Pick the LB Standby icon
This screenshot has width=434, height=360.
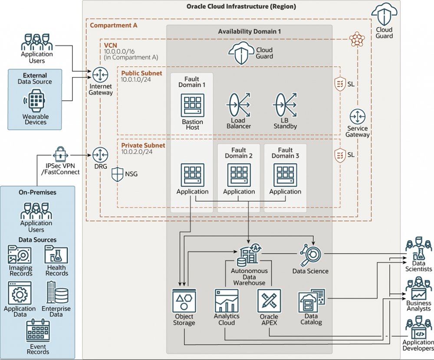(x=285, y=104)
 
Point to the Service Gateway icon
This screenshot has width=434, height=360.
(x=358, y=117)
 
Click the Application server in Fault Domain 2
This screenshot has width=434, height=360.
(x=239, y=175)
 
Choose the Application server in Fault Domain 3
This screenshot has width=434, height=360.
(x=285, y=175)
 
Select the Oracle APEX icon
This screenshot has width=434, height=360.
(x=269, y=301)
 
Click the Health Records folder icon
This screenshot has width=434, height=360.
(x=56, y=255)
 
